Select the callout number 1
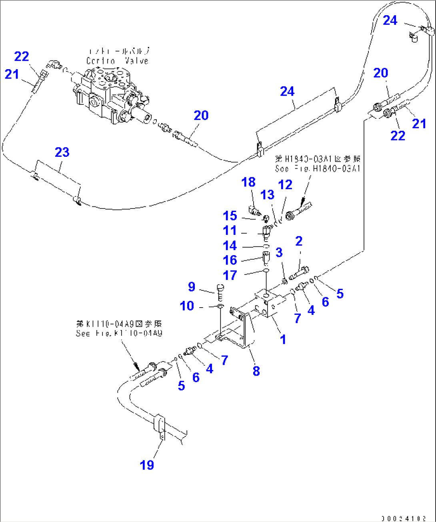(283, 339)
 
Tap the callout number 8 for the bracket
(256, 371)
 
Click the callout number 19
(147, 465)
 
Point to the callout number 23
(62, 152)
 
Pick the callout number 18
(248, 182)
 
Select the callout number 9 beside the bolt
(192, 286)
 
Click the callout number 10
(187, 306)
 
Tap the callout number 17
(230, 275)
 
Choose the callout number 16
(230, 260)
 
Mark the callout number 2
(299, 241)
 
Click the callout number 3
(279, 252)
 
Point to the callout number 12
(285, 185)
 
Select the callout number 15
(230, 216)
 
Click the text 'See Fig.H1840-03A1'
(318, 168)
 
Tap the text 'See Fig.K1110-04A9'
(119, 333)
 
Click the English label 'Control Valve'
(117, 61)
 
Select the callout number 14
(230, 245)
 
